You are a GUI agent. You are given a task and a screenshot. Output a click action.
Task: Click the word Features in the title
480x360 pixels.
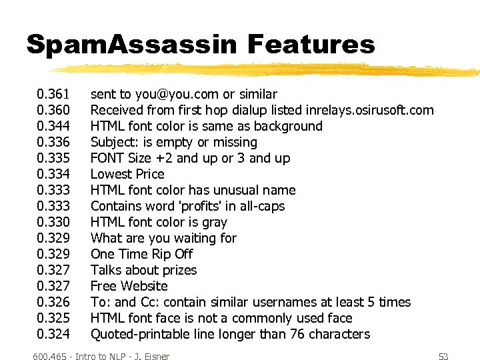click(x=311, y=45)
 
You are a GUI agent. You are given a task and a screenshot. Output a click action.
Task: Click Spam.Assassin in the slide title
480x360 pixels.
click(x=131, y=45)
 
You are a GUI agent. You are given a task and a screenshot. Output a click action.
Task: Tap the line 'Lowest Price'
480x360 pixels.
click(x=127, y=174)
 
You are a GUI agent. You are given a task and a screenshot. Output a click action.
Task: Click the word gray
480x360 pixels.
click(x=213, y=222)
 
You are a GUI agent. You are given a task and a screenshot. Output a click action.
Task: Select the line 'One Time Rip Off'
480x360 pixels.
click(x=141, y=254)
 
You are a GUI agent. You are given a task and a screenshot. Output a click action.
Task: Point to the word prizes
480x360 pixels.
click(x=175, y=270)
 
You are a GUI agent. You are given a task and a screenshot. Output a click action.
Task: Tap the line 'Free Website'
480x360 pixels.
click(x=129, y=286)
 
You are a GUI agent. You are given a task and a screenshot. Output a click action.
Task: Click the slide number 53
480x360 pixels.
click(x=442, y=357)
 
